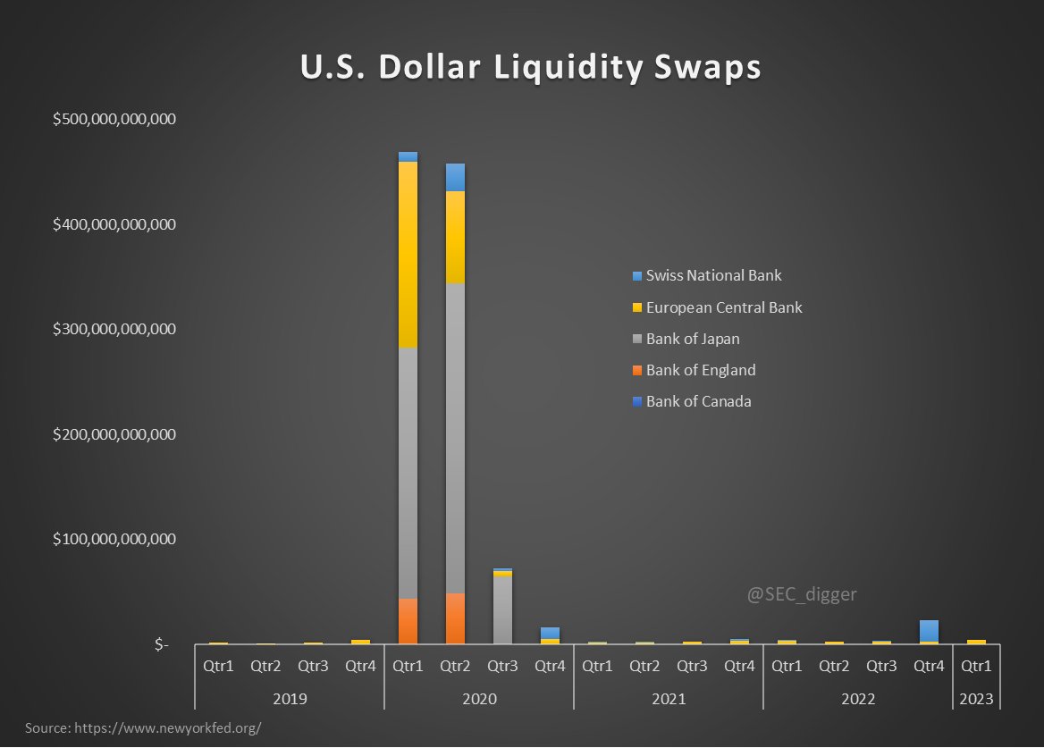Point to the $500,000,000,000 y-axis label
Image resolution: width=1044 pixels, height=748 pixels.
click(x=114, y=119)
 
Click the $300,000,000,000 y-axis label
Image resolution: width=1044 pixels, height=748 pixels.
click(x=114, y=329)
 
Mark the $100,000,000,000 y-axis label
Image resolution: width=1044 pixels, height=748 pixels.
click(x=114, y=539)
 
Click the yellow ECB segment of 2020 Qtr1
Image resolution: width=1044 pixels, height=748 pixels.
click(x=408, y=255)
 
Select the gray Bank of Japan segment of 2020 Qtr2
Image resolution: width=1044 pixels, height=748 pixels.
click(x=455, y=438)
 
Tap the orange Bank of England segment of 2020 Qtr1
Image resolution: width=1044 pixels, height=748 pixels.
click(x=408, y=621)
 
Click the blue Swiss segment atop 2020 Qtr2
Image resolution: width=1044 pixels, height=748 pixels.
click(x=455, y=177)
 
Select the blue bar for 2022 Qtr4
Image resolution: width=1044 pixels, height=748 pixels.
click(x=929, y=630)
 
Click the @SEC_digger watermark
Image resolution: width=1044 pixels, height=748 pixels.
click(x=801, y=593)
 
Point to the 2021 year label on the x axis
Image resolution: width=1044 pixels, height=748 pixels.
click(x=668, y=698)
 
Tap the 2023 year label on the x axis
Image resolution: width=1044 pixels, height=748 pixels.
click(x=976, y=698)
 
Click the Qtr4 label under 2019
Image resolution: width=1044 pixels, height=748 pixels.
click(x=360, y=666)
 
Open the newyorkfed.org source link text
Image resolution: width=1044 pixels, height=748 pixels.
click(x=143, y=727)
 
